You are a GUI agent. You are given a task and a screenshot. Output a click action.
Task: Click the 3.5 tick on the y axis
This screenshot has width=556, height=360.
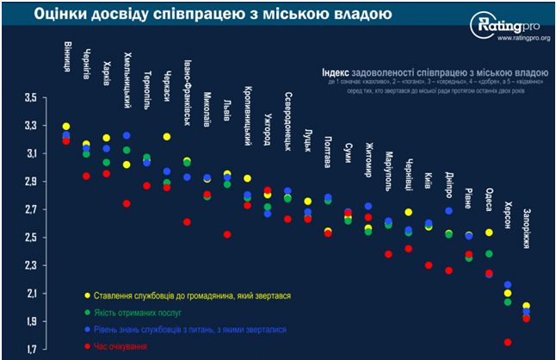30,97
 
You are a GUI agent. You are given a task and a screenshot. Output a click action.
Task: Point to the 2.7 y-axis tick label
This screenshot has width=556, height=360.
30,209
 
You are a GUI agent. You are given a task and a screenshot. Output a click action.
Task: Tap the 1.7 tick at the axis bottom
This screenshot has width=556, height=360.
30,349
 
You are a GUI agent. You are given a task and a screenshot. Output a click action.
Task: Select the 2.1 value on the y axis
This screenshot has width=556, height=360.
30,293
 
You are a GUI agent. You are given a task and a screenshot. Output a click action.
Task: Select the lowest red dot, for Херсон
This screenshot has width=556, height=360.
507,342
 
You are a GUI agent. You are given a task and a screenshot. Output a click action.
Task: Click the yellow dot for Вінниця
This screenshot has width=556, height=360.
66,127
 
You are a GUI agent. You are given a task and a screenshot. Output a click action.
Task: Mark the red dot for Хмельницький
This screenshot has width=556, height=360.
127,203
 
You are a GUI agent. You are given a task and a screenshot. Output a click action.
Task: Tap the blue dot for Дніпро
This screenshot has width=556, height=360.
449,211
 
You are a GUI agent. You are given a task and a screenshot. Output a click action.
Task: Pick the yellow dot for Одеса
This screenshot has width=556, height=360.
489,233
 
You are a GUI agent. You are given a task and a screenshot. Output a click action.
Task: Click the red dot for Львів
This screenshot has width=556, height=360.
226,234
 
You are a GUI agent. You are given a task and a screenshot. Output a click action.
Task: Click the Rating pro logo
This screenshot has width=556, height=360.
503,26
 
